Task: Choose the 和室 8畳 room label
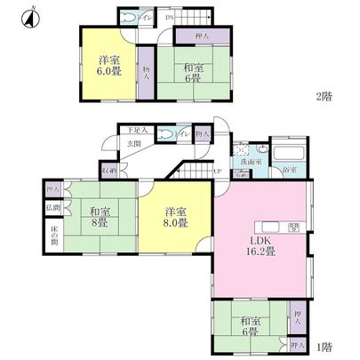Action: (100, 217)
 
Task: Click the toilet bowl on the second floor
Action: (132, 17)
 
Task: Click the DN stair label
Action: (169, 15)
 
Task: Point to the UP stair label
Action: (217, 171)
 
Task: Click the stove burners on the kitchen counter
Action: (293, 228)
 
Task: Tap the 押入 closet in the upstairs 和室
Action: (201, 36)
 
